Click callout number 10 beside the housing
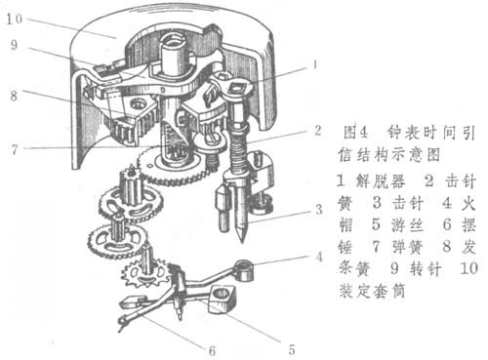click(15, 19)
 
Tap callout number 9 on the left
click(14, 45)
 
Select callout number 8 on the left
click(14, 96)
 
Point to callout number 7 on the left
click(14, 149)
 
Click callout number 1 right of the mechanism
click(315, 64)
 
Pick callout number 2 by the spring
click(318, 131)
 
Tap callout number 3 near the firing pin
click(319, 210)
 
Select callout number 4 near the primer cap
click(319, 257)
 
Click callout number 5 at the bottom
click(292, 349)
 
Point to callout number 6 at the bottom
click(212, 350)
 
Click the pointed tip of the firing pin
click(242, 241)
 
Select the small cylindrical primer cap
click(244, 270)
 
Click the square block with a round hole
click(223, 299)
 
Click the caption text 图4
click(356, 133)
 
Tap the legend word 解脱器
click(381, 180)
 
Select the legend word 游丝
click(407, 224)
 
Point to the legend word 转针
click(426, 269)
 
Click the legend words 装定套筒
click(372, 291)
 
